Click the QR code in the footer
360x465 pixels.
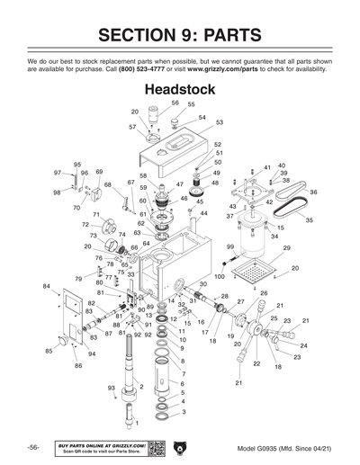click(x=156, y=447)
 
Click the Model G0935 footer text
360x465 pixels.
click(x=282, y=448)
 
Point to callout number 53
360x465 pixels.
click(x=219, y=121)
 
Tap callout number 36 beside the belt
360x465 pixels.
click(x=313, y=192)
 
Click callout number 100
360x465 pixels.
click(x=219, y=276)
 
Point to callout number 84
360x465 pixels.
click(x=46, y=285)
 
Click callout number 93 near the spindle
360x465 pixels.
click(x=112, y=388)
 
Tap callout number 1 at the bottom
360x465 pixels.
click(x=137, y=422)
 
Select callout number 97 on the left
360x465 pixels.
click(x=58, y=172)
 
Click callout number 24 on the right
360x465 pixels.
click(x=303, y=345)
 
